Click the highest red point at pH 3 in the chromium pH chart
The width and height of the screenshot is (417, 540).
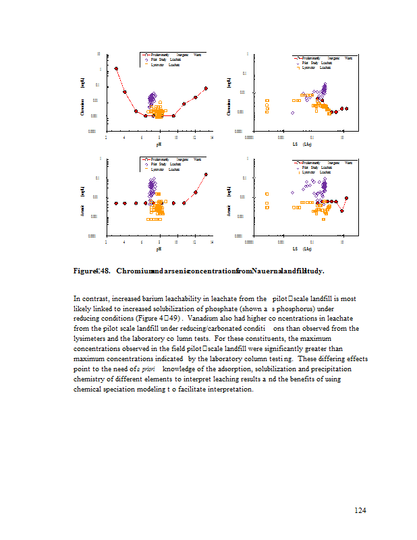pyautogui.click(x=116, y=68)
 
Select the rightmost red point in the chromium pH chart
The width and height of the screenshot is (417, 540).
pyautogui.click(x=206, y=88)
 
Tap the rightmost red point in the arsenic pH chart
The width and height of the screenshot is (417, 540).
pyautogui.click(x=206, y=174)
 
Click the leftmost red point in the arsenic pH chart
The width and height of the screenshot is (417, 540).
pyautogui.click(x=116, y=202)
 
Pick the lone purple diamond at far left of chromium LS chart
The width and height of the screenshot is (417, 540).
pyautogui.click(x=292, y=113)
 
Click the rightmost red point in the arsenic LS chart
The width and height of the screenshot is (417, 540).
pyautogui.click(x=346, y=198)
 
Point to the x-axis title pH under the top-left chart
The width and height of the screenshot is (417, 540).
pyautogui.click(x=159, y=144)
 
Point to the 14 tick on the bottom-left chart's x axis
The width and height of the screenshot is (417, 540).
pyautogui.click(x=212, y=242)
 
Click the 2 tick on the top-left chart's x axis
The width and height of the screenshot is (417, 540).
pyautogui.click(x=107, y=137)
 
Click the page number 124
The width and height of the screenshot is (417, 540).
pyautogui.click(x=360, y=510)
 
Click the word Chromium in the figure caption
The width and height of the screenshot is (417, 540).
pyautogui.click(x=132, y=271)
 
